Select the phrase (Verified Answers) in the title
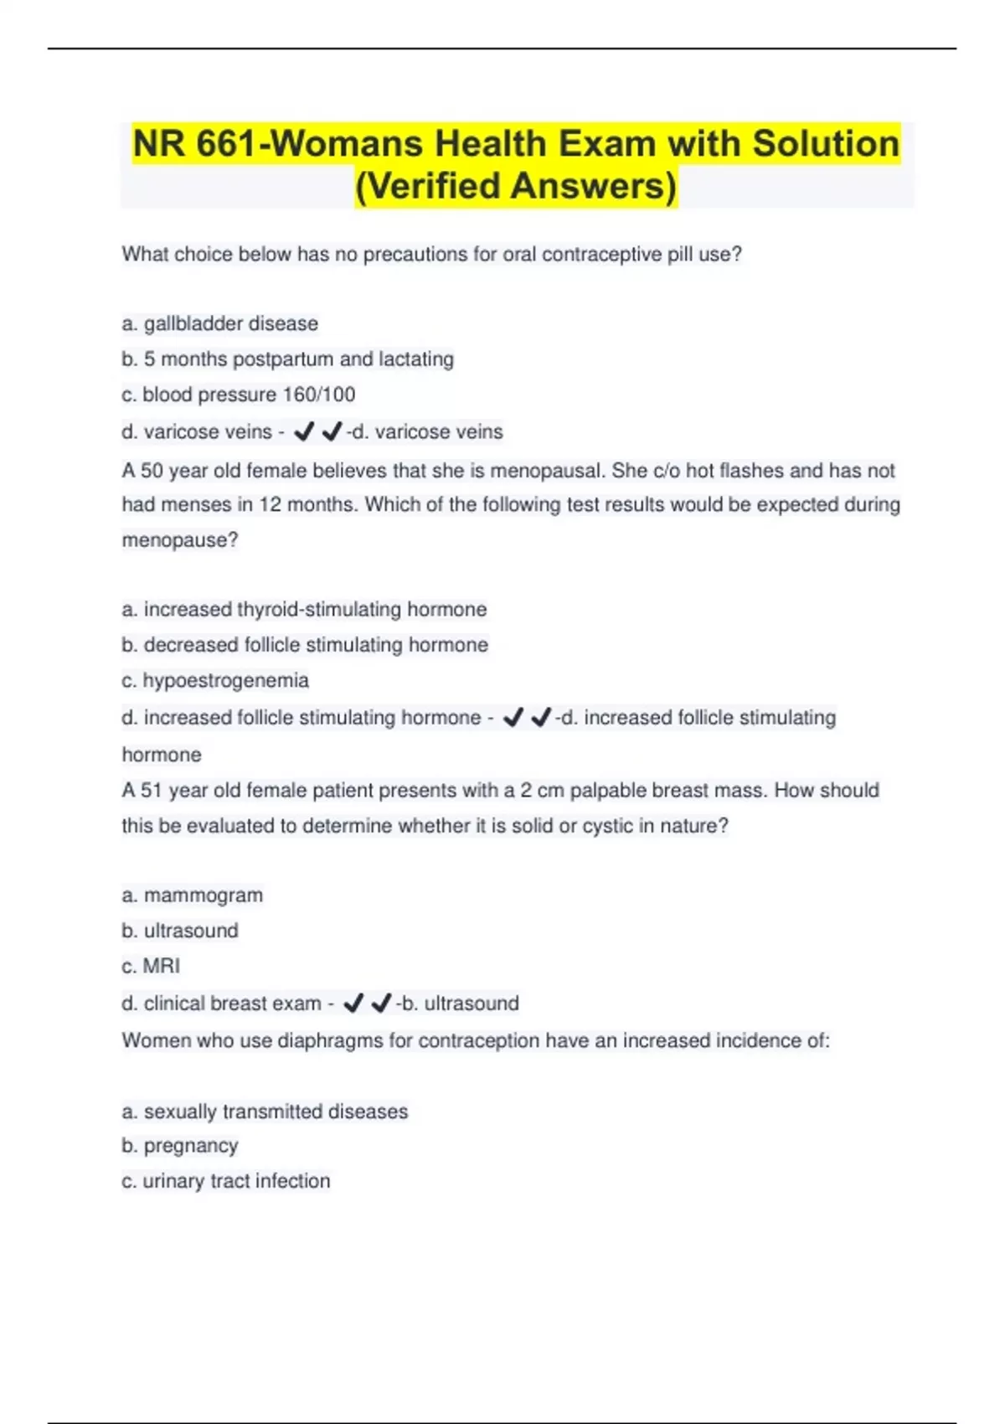click(x=516, y=186)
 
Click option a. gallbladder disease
click(x=219, y=323)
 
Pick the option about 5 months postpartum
click(x=287, y=359)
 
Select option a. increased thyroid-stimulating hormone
click(x=304, y=609)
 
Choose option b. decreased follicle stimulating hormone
click(x=305, y=645)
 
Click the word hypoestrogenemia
click(x=225, y=680)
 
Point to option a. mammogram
click(x=192, y=895)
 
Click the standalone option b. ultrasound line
click(x=180, y=931)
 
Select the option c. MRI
click(x=151, y=967)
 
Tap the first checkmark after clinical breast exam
click(x=353, y=1003)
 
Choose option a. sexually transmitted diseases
click(x=265, y=1112)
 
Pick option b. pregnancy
click(x=180, y=1146)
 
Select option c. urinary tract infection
click(x=226, y=1181)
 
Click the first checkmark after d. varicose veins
click(x=304, y=431)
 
